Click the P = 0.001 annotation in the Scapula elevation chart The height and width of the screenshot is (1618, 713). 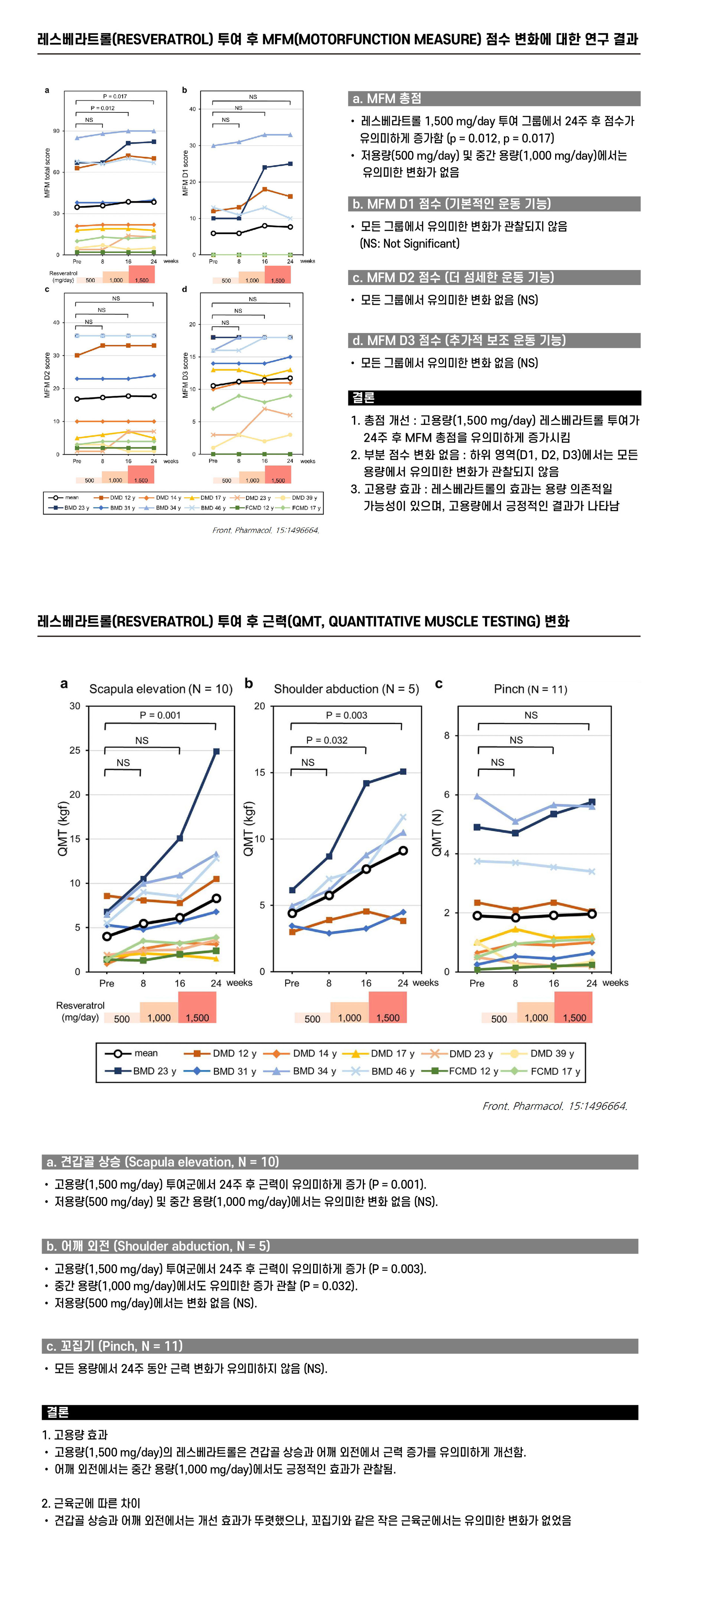160,715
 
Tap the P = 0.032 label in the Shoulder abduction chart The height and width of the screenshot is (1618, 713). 327,740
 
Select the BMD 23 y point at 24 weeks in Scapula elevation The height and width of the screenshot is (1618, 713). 216,751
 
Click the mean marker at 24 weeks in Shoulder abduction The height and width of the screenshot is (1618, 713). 403,850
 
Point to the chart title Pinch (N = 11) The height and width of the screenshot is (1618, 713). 530,689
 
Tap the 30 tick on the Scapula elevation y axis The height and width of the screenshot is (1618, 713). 75,706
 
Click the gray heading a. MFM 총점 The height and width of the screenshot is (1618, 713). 386,99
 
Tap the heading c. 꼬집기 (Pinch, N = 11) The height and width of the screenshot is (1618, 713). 114,1346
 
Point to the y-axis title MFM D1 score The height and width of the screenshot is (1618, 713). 185,173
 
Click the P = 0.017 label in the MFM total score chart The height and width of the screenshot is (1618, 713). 115,96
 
